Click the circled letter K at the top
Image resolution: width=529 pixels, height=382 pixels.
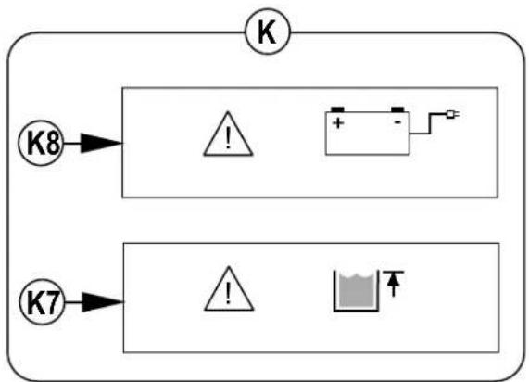click(267, 32)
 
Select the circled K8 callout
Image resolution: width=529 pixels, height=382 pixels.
click(41, 143)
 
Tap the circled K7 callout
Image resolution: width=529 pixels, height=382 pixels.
click(42, 302)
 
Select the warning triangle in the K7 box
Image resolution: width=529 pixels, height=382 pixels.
click(229, 288)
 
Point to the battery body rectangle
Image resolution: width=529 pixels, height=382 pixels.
click(368, 134)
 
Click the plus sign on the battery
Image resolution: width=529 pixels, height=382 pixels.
click(338, 123)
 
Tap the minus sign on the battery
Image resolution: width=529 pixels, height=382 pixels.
click(397, 122)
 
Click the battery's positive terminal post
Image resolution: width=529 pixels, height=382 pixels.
click(337, 109)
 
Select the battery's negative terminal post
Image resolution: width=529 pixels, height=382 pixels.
click(397, 109)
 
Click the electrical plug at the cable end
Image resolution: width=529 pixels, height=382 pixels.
click(453, 114)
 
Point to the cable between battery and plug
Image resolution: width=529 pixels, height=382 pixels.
click(430, 123)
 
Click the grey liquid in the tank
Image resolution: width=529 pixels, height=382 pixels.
click(357, 290)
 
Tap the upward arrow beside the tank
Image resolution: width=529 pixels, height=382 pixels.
click(394, 285)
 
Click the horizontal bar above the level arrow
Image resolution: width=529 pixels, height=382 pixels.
click(394, 272)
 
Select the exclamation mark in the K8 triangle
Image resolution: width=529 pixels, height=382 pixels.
click(228, 139)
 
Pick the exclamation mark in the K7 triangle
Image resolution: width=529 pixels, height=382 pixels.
click(229, 294)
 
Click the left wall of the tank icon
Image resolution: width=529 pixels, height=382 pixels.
click(334, 290)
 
